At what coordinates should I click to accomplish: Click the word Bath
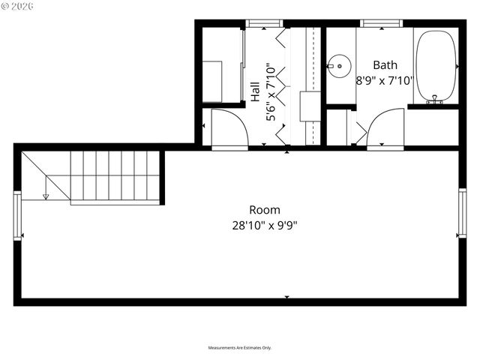[x=385, y=66]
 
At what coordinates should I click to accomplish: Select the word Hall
[x=256, y=92]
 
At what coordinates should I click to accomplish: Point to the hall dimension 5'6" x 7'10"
[x=272, y=92]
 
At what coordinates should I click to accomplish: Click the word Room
[x=265, y=210]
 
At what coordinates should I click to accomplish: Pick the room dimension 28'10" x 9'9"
[x=265, y=224]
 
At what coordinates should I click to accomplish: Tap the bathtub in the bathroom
[x=435, y=66]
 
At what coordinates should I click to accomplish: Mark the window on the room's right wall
[x=462, y=213]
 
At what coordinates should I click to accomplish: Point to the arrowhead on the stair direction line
[x=46, y=196]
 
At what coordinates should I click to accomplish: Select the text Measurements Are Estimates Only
[x=239, y=348]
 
